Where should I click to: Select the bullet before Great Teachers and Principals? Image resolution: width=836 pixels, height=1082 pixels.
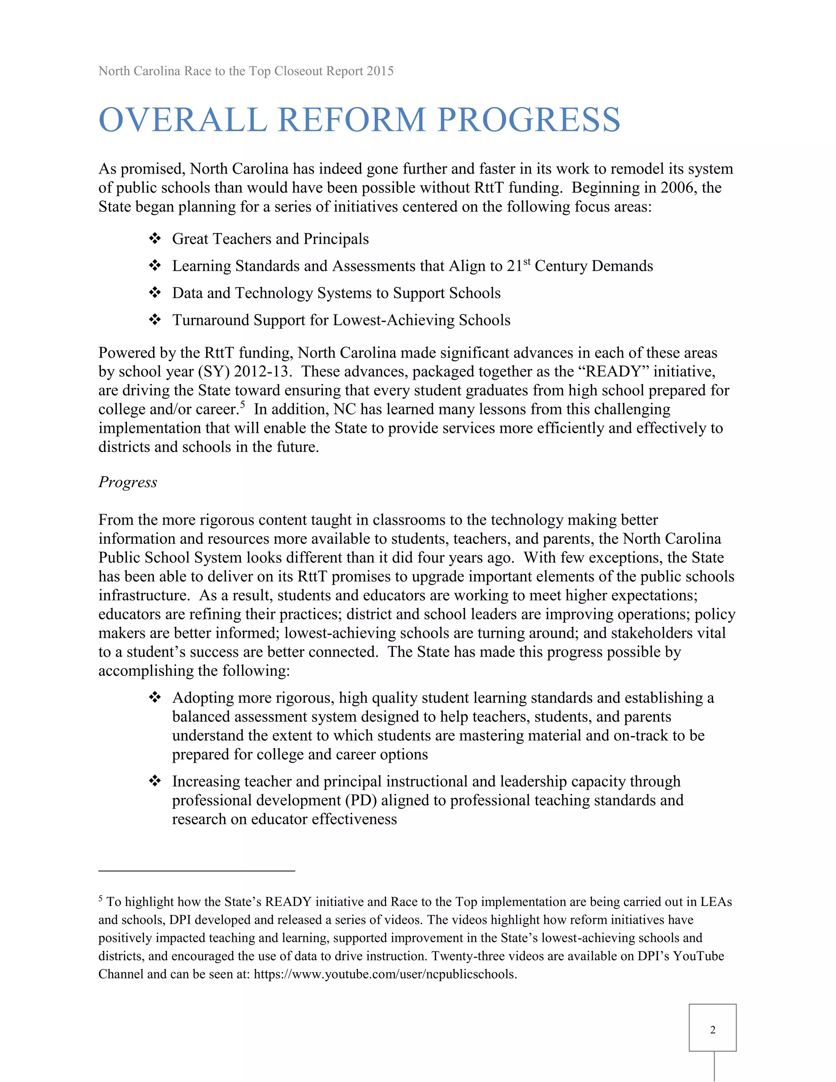click(x=155, y=239)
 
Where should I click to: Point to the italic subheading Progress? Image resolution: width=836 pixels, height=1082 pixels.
click(x=128, y=482)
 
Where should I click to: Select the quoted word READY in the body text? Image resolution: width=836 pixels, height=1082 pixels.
click(x=613, y=372)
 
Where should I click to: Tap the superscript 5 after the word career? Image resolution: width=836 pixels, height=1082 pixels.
click(x=243, y=404)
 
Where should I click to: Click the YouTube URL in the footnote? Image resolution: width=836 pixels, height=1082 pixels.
click(x=385, y=974)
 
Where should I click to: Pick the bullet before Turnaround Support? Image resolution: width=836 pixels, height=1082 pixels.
click(x=155, y=320)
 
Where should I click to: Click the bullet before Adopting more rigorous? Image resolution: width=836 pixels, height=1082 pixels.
click(x=155, y=697)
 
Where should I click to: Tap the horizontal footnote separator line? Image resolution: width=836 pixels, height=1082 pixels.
click(x=197, y=870)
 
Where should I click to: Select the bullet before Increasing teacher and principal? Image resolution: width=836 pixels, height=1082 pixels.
click(x=155, y=781)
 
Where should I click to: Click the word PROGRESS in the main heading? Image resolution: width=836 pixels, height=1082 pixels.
click(x=529, y=120)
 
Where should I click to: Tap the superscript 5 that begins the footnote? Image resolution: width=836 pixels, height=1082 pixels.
click(x=100, y=898)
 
